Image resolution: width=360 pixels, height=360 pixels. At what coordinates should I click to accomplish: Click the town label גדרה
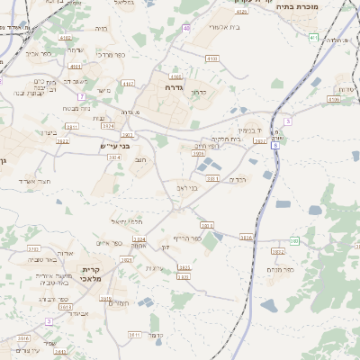tap(175, 88)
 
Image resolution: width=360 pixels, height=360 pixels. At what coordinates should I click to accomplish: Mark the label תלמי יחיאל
tap(129, 221)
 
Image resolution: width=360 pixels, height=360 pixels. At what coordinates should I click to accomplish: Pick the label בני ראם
tap(185, 188)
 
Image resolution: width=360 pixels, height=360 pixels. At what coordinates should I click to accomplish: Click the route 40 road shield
tap(186, 29)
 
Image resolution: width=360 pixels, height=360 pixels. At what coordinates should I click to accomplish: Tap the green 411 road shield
tap(312, 37)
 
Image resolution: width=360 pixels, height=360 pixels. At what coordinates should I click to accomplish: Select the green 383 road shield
tap(294, 240)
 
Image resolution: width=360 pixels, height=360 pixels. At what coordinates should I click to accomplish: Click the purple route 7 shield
tap(81, 95)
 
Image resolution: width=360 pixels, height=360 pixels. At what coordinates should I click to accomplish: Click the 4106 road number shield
tap(334, 100)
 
